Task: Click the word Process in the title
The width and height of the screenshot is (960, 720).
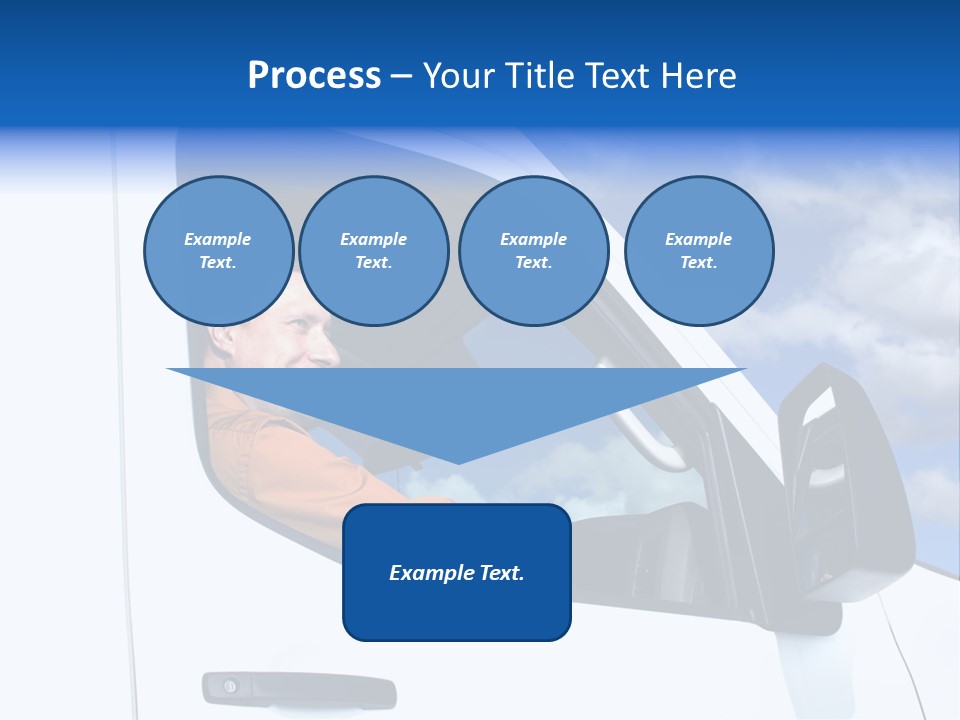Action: tap(314, 76)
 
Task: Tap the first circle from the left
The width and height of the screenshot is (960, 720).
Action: tap(218, 251)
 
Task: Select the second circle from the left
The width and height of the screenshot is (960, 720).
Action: tap(373, 251)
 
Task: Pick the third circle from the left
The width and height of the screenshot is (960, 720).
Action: tap(533, 251)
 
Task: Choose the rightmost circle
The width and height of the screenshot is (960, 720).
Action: tap(698, 251)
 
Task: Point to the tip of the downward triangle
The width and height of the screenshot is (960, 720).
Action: tap(457, 462)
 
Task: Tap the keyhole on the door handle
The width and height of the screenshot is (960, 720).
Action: tap(230, 686)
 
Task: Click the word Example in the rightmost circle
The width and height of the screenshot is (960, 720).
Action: tap(698, 239)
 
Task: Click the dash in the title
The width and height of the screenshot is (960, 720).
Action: tap(402, 76)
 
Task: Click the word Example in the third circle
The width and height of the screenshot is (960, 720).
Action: tap(533, 239)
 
